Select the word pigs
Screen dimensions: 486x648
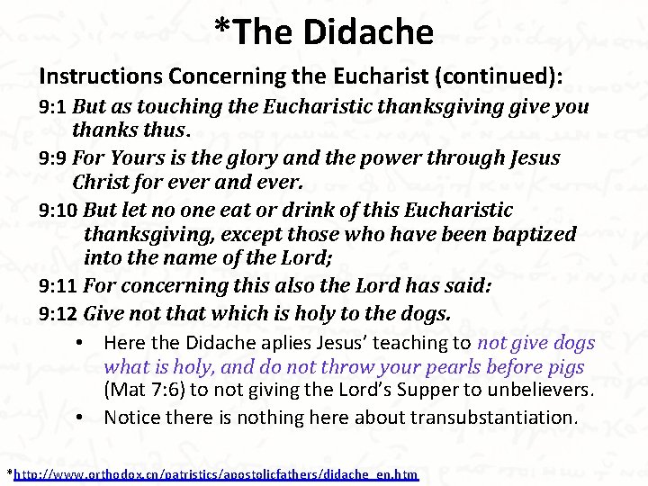click(x=563, y=367)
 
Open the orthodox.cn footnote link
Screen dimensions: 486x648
click(x=216, y=473)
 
